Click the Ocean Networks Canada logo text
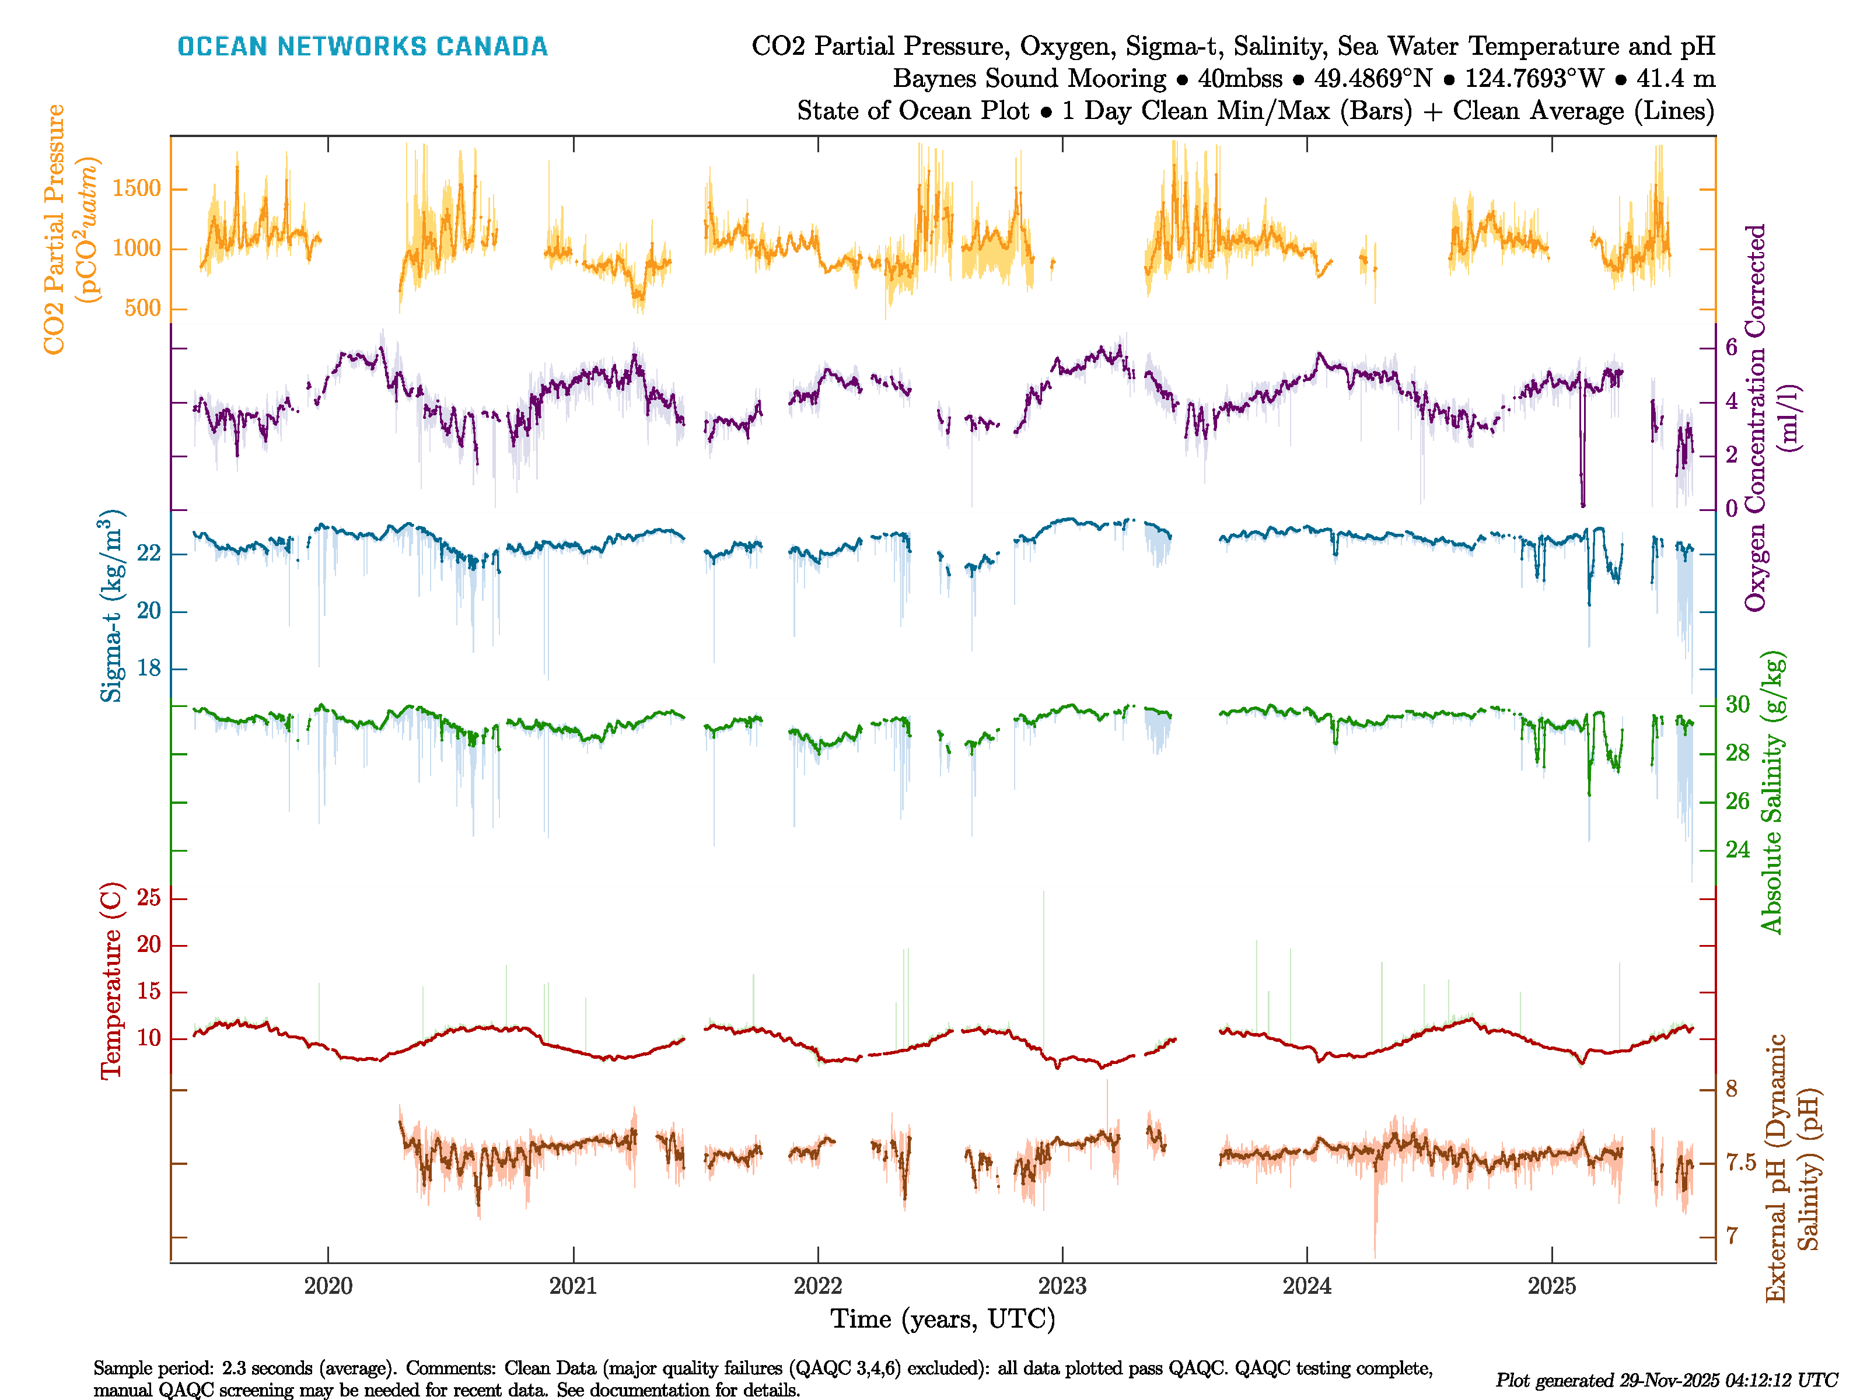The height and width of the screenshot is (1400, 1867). point(362,47)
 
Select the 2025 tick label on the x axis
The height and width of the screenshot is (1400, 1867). point(1551,1286)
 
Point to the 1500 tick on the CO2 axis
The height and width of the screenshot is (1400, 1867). point(137,189)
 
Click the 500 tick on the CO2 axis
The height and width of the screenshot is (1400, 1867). point(142,308)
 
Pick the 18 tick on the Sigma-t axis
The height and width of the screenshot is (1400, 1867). point(149,668)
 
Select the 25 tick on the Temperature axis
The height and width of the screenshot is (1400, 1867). point(149,898)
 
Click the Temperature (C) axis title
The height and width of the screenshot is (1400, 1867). point(111,981)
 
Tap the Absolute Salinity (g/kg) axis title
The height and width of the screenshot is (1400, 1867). point(1772,792)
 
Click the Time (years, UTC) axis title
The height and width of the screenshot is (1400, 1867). point(943,1319)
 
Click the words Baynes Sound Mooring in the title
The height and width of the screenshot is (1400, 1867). point(1029,79)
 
